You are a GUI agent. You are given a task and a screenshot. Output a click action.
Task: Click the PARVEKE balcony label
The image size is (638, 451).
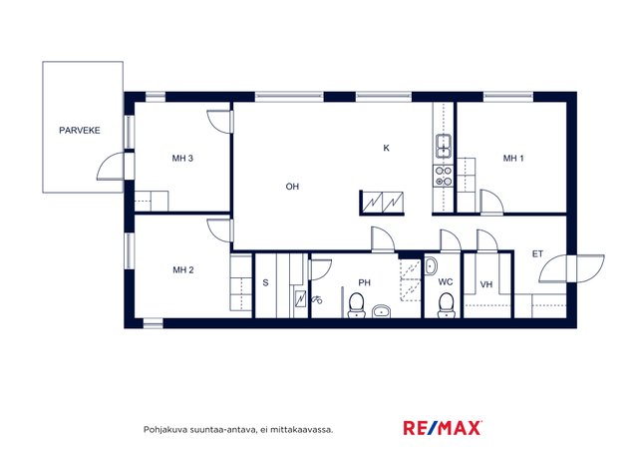(x=80, y=131)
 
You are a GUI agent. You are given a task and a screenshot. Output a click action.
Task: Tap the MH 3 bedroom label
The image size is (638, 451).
(x=182, y=158)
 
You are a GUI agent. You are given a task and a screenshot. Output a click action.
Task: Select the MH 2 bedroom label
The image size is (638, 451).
(x=183, y=269)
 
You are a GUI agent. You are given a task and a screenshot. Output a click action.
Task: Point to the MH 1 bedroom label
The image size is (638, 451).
(x=513, y=158)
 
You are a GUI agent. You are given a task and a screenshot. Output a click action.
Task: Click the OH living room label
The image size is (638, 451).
(x=292, y=187)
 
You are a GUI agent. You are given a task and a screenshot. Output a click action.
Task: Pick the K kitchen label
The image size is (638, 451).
(x=386, y=148)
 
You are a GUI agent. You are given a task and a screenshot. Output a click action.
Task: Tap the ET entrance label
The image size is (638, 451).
(x=537, y=253)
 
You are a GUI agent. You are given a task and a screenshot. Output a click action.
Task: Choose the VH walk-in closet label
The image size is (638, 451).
(x=486, y=284)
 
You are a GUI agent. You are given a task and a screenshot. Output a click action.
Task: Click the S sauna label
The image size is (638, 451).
(x=265, y=282)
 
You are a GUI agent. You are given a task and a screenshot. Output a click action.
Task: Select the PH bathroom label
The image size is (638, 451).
(x=364, y=282)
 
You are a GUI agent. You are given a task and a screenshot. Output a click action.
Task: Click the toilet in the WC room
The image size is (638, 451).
(x=446, y=305)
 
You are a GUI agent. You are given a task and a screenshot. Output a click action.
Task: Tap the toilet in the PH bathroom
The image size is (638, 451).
(x=357, y=305)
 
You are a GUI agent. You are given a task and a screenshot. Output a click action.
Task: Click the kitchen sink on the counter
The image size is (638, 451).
(x=443, y=146)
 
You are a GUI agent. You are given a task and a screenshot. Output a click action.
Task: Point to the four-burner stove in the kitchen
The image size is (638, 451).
(x=443, y=176)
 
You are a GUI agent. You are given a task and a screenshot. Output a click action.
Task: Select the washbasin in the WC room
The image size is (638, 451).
(x=431, y=266)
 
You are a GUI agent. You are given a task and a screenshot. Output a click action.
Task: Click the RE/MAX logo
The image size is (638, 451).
(x=443, y=428)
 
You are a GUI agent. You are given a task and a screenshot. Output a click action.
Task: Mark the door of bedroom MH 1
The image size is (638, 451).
(x=491, y=202)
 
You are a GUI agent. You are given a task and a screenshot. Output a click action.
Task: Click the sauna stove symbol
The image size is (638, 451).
(x=300, y=298)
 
